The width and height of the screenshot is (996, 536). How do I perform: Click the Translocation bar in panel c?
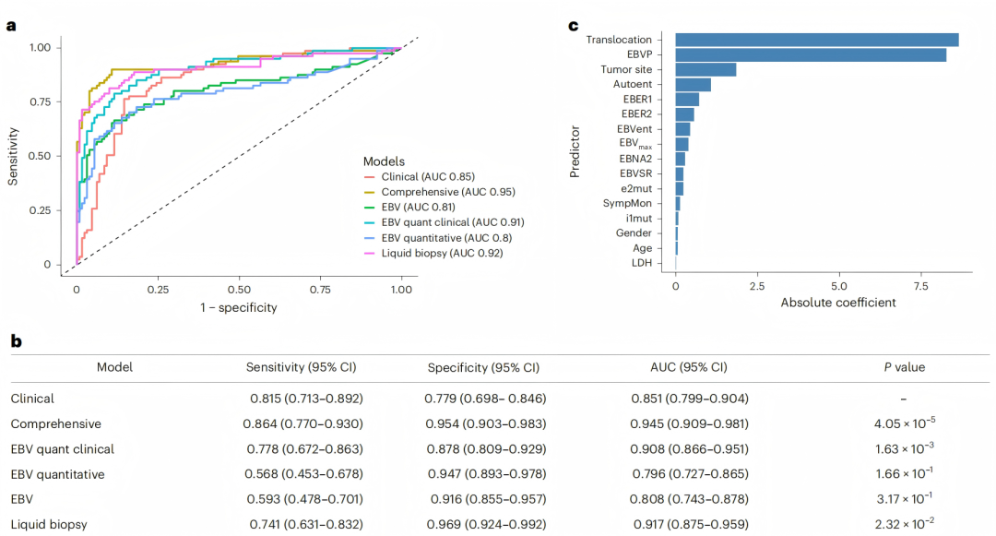pyautogui.click(x=817, y=40)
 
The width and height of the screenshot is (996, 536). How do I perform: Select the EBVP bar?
pyautogui.click(x=811, y=54)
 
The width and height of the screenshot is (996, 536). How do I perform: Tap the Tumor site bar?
pyautogui.click(x=705, y=69)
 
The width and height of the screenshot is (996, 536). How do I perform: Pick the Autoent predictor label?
pyautogui.click(x=632, y=84)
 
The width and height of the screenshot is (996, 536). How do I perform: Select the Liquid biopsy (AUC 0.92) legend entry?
pyautogui.click(x=433, y=253)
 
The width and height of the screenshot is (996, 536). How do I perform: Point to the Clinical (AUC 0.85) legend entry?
pyautogui.click(x=420, y=176)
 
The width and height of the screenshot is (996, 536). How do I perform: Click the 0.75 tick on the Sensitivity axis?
pyautogui.click(x=41, y=101)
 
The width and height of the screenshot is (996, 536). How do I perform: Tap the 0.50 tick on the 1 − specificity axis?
pyautogui.click(x=239, y=290)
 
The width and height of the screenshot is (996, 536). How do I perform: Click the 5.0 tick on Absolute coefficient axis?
pyautogui.click(x=838, y=286)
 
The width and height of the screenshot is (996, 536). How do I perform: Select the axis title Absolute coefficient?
pyautogui.click(x=837, y=303)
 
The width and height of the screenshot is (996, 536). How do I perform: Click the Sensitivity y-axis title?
pyautogui.click(x=13, y=156)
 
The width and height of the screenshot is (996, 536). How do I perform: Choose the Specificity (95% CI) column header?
pyautogui.click(x=483, y=368)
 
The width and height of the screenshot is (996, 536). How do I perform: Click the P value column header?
pyautogui.click(x=905, y=367)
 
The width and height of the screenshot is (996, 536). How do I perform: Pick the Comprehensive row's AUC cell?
pyautogui.click(x=689, y=423)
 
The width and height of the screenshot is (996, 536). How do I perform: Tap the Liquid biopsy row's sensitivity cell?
pyautogui.click(x=306, y=525)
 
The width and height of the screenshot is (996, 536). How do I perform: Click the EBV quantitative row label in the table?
pyautogui.click(x=58, y=474)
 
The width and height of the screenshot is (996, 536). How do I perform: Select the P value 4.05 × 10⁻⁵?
pyautogui.click(x=905, y=423)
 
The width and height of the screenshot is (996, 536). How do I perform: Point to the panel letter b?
pyautogui.click(x=16, y=341)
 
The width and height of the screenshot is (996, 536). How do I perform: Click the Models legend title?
pyautogui.click(x=384, y=161)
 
